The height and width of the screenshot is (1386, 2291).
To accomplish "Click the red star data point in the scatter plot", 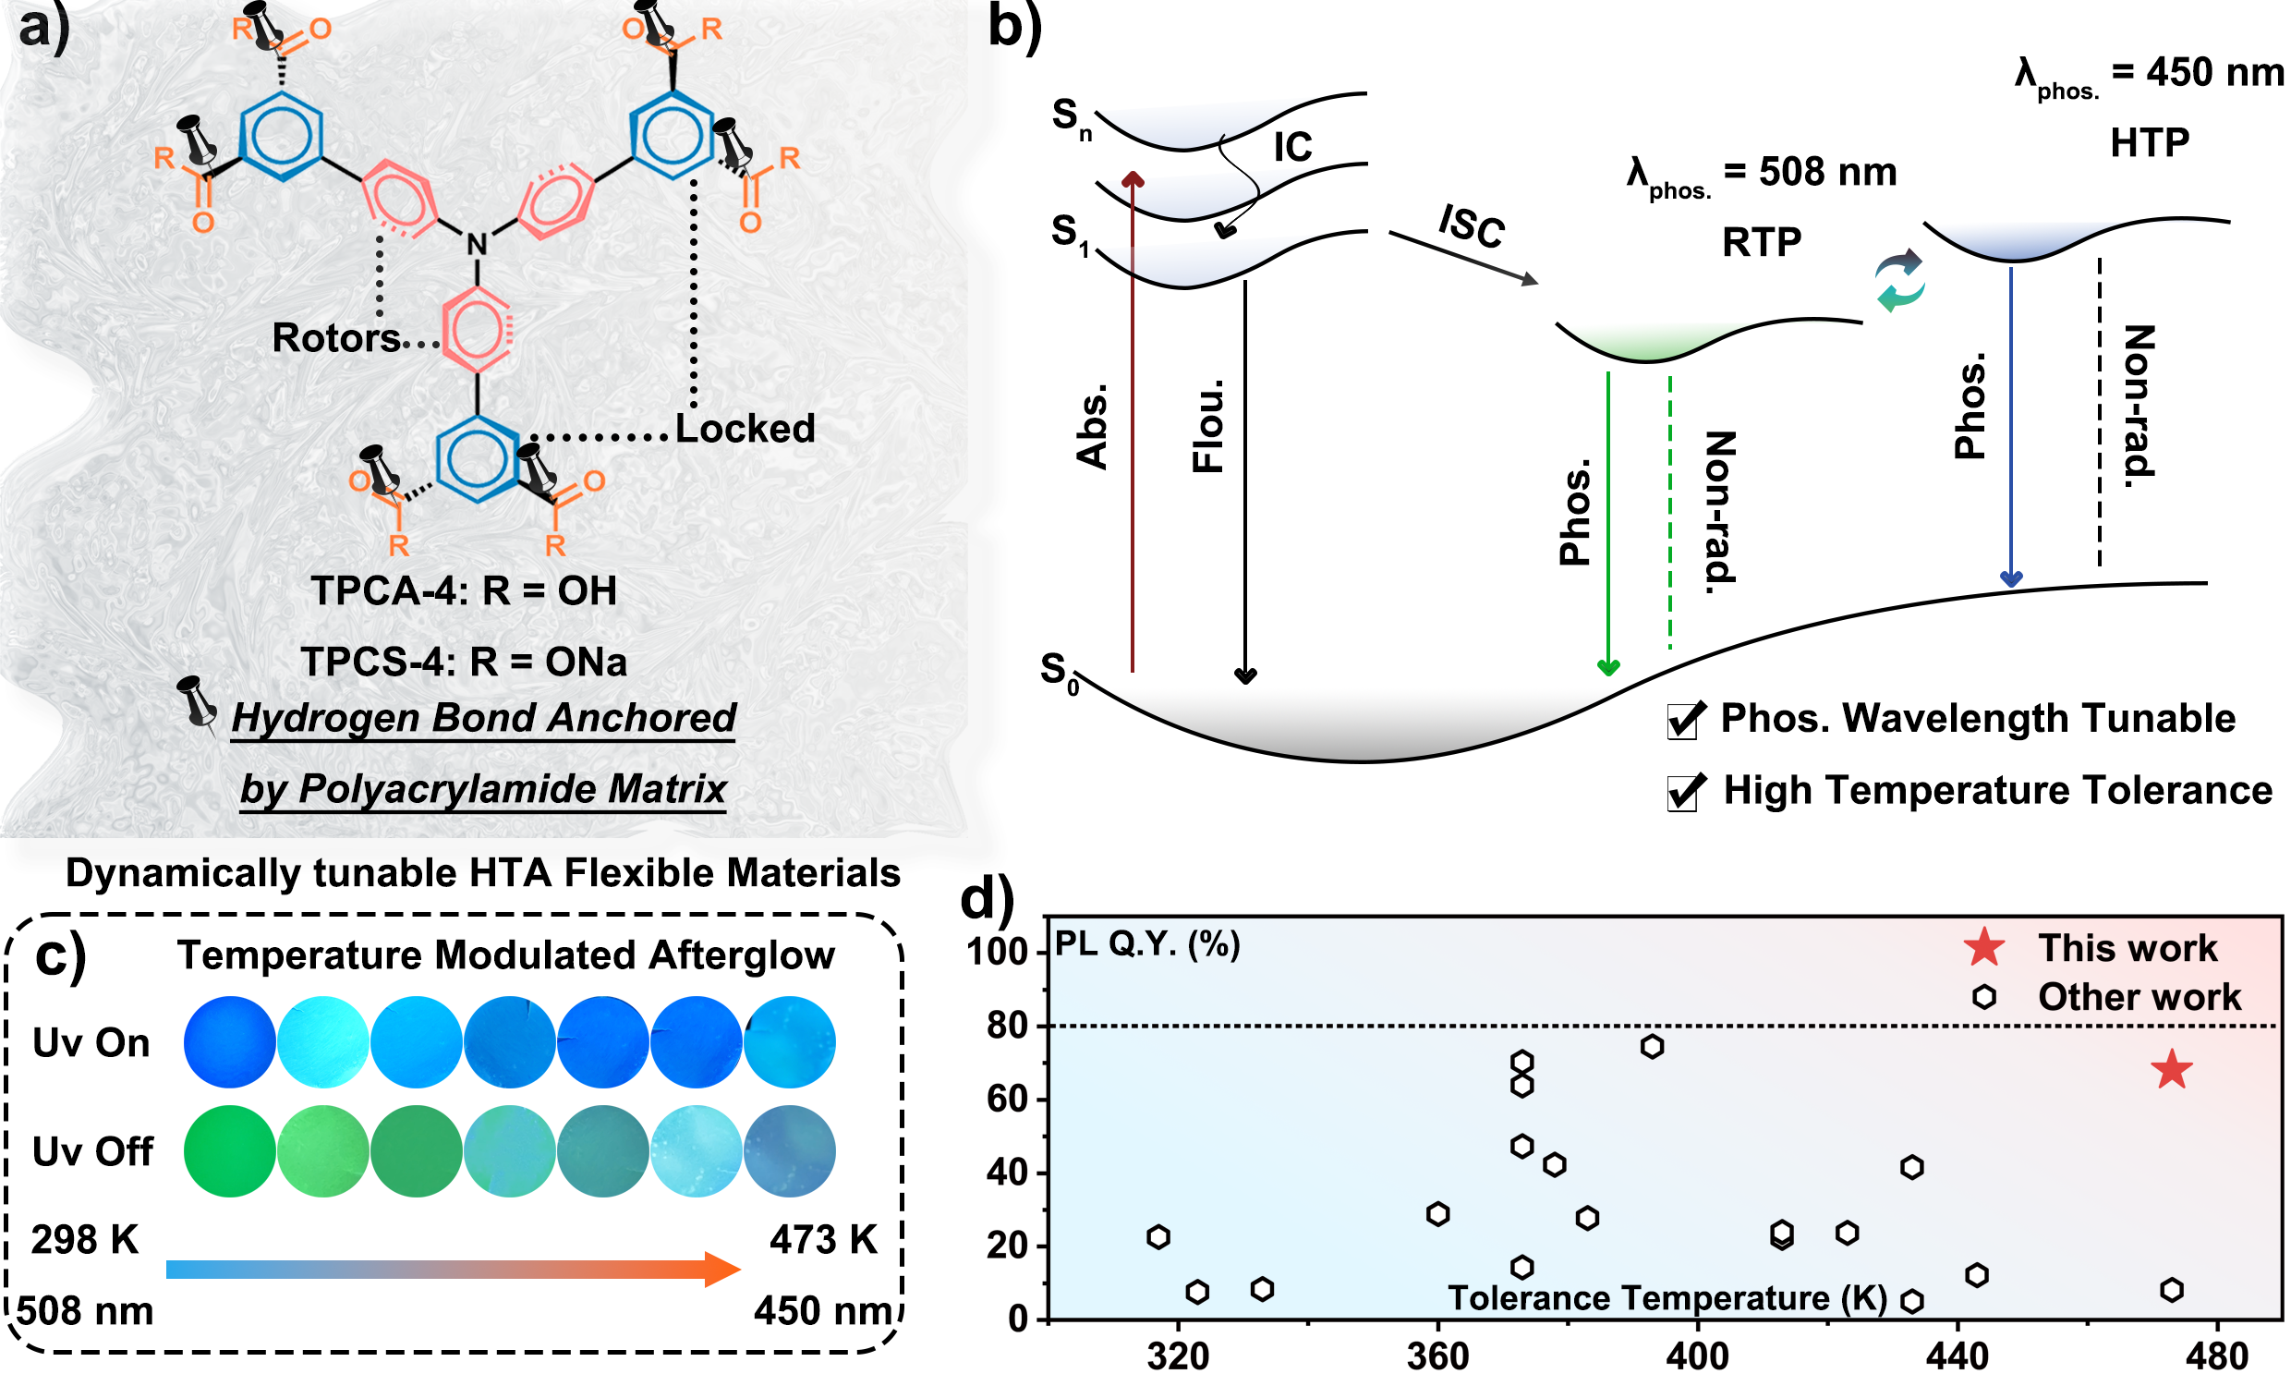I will [2170, 1071].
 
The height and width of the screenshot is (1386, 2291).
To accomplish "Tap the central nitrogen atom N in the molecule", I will [477, 245].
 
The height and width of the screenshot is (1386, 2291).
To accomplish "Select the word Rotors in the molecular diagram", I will [335, 338].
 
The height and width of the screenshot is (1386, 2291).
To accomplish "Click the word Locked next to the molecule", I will [745, 429].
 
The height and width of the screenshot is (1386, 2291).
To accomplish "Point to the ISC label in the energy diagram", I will [1471, 226].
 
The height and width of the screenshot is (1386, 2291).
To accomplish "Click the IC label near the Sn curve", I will [1292, 147].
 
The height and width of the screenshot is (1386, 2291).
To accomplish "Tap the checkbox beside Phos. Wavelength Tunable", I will [1685, 721].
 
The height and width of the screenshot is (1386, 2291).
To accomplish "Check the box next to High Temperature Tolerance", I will [1685, 793].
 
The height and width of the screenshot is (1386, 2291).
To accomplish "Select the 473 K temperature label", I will [823, 1240].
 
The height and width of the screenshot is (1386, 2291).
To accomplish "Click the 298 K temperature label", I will [85, 1240].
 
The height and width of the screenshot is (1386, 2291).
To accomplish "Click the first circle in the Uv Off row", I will [230, 1151].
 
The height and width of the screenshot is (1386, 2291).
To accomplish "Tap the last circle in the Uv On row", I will [790, 1043].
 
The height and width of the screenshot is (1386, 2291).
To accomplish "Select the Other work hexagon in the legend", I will [1983, 997].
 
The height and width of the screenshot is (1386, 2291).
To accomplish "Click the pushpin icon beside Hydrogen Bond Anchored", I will [197, 702].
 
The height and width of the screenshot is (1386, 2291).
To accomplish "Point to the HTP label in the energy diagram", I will [2149, 143].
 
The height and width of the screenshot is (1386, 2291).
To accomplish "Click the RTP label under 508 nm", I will [1761, 243].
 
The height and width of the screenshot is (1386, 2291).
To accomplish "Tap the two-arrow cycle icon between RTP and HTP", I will [1899, 280].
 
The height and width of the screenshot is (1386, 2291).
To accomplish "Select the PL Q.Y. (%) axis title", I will [1146, 945].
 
